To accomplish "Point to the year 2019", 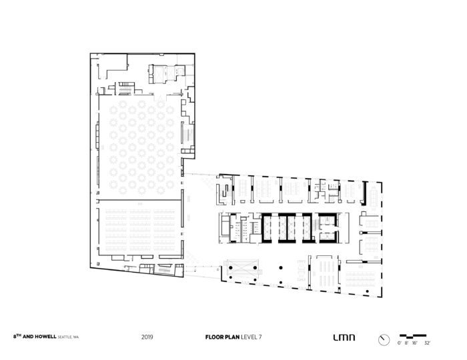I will (147, 337).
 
